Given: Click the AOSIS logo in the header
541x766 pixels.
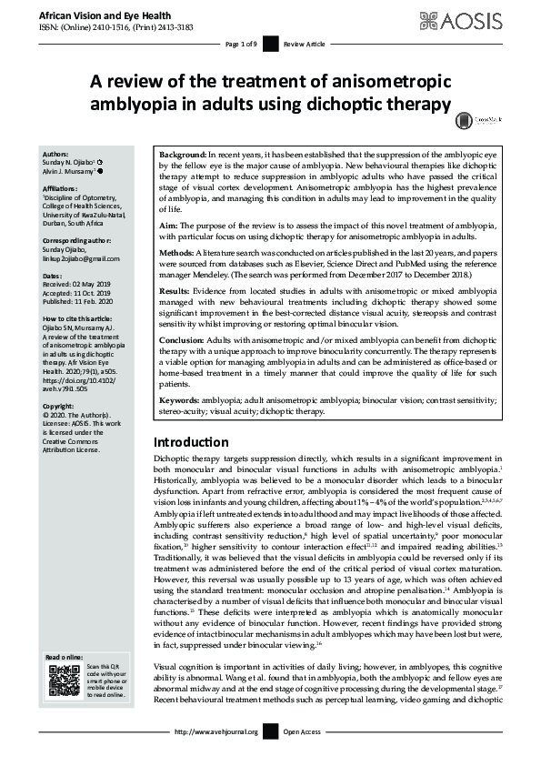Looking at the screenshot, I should pos(479,18).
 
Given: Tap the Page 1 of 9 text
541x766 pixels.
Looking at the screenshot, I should pos(241,44).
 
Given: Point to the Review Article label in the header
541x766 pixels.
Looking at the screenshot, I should pos(303,44).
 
